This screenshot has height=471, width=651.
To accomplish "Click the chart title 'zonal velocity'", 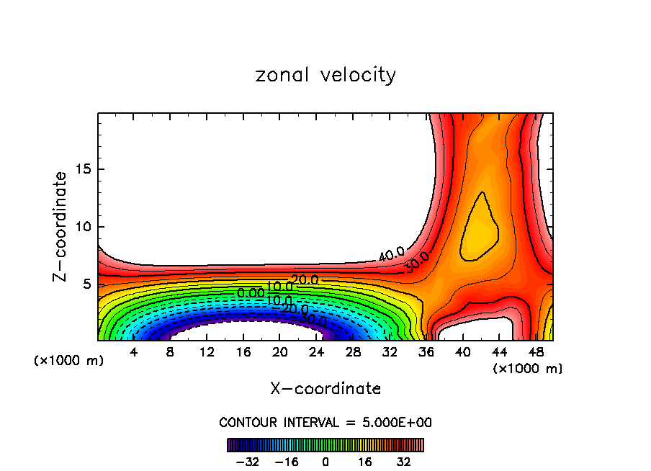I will [325, 75].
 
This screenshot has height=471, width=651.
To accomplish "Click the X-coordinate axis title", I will [325, 389].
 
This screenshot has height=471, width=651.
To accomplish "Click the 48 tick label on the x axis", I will [536, 353].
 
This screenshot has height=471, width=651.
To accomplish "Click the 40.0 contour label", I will [391, 254].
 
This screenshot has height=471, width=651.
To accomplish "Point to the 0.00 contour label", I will [251, 293].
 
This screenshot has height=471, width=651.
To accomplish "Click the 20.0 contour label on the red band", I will [305, 279].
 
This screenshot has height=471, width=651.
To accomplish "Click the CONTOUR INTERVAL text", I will [325, 422].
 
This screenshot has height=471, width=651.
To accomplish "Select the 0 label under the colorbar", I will [325, 462].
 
